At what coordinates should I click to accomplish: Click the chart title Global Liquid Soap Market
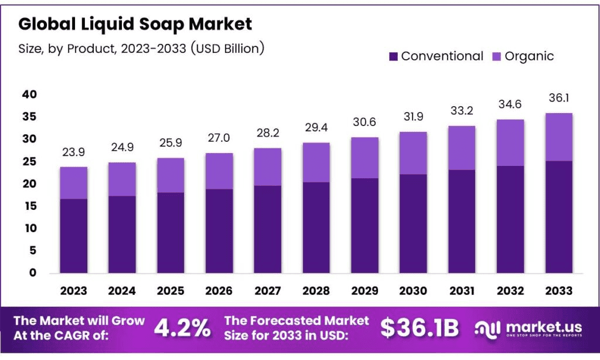tap(135, 24)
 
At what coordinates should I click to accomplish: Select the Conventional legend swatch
tap(393, 56)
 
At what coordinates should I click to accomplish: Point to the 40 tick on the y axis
tap(30, 94)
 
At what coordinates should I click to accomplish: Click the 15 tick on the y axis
tap(30, 206)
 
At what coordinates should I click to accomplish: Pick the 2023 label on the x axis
tap(73, 291)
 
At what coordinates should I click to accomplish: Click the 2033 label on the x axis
tap(558, 291)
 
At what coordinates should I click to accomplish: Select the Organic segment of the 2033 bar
tap(558, 137)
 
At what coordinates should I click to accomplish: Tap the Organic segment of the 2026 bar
tap(219, 171)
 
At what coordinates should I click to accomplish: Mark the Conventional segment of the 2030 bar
tap(412, 223)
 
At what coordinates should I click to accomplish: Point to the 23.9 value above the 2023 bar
tap(74, 152)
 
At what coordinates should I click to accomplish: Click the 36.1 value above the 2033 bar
tap(558, 99)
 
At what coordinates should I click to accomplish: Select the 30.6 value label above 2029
tap(364, 123)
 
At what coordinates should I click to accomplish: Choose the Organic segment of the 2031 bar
tap(461, 148)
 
